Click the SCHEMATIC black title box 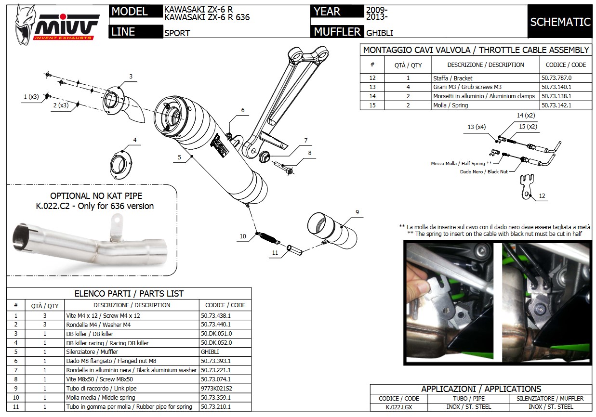click(x=560, y=22)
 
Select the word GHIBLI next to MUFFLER click(x=380, y=33)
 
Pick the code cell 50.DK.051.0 click(x=216, y=334)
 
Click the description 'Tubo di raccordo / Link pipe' click(x=101, y=389)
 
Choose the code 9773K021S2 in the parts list click(x=216, y=389)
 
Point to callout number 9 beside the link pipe click(x=357, y=212)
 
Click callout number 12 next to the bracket click(x=542, y=196)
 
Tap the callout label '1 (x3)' click(x=31, y=97)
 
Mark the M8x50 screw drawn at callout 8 click(x=285, y=168)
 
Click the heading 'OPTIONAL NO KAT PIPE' click(x=96, y=196)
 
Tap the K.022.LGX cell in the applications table click(x=399, y=407)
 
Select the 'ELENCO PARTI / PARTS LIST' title click(x=129, y=293)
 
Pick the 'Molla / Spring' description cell click(x=444, y=105)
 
